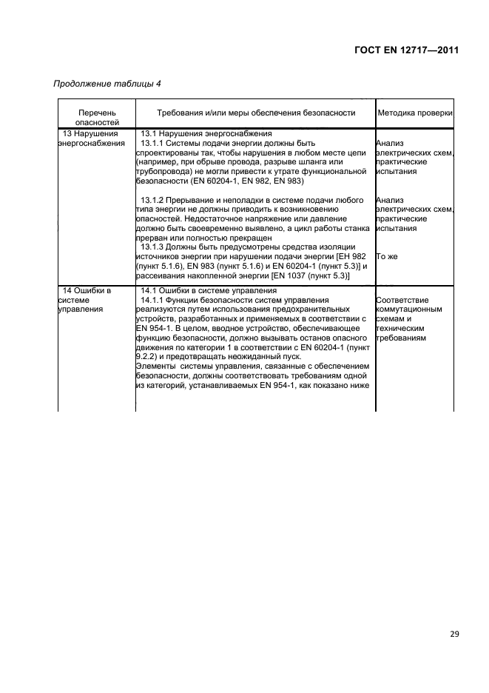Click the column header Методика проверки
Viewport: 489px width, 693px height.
414,113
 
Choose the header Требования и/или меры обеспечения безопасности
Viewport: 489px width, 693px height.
256,113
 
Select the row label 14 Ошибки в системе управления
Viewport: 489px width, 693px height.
87,300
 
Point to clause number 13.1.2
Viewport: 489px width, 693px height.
155,200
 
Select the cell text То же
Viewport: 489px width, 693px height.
388,257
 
